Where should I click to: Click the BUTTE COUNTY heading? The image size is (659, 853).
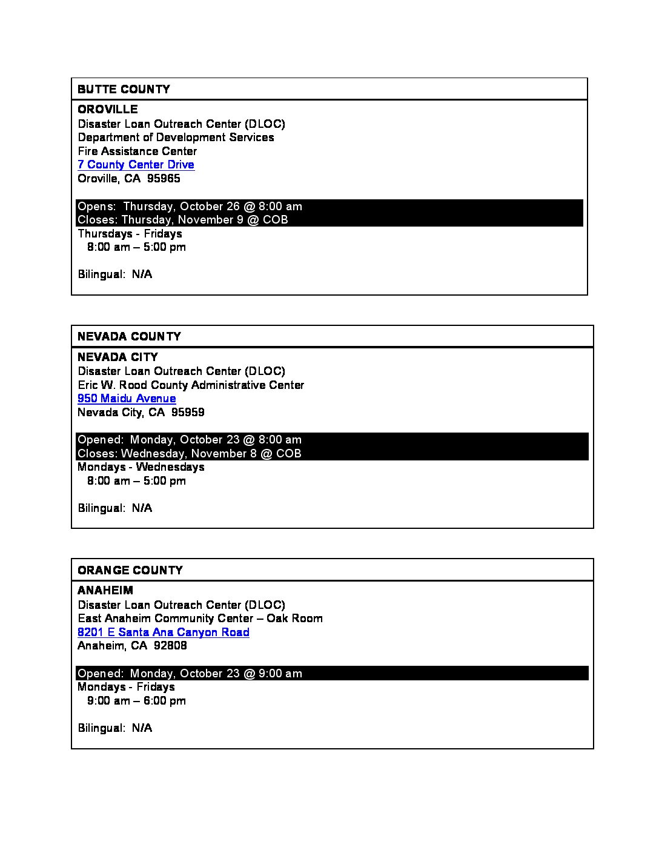(124, 90)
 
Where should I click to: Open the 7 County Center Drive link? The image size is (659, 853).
(136, 165)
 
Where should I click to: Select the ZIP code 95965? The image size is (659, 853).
(164, 179)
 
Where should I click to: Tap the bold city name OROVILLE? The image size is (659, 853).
(108, 110)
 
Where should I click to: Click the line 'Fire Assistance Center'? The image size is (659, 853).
(137, 151)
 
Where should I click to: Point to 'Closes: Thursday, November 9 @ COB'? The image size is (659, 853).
(182, 220)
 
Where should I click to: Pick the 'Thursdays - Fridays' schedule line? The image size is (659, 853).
(130, 234)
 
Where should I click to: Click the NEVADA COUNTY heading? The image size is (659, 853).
(129, 337)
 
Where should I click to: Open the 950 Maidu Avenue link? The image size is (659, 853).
(127, 399)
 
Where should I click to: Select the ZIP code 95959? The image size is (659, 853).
(188, 413)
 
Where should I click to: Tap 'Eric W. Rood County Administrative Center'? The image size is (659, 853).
(191, 385)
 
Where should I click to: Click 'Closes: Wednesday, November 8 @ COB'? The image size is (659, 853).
(189, 454)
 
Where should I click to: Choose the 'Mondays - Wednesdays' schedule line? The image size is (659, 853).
(141, 467)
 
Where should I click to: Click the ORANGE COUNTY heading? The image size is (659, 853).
(130, 571)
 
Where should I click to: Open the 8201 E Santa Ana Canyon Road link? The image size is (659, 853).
(163, 632)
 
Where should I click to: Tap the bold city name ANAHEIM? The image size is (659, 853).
(105, 591)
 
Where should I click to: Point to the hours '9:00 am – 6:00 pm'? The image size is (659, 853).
(136, 701)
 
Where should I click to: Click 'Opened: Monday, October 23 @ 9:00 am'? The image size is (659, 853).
(190, 674)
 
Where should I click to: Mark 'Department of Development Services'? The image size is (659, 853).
(176, 138)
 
